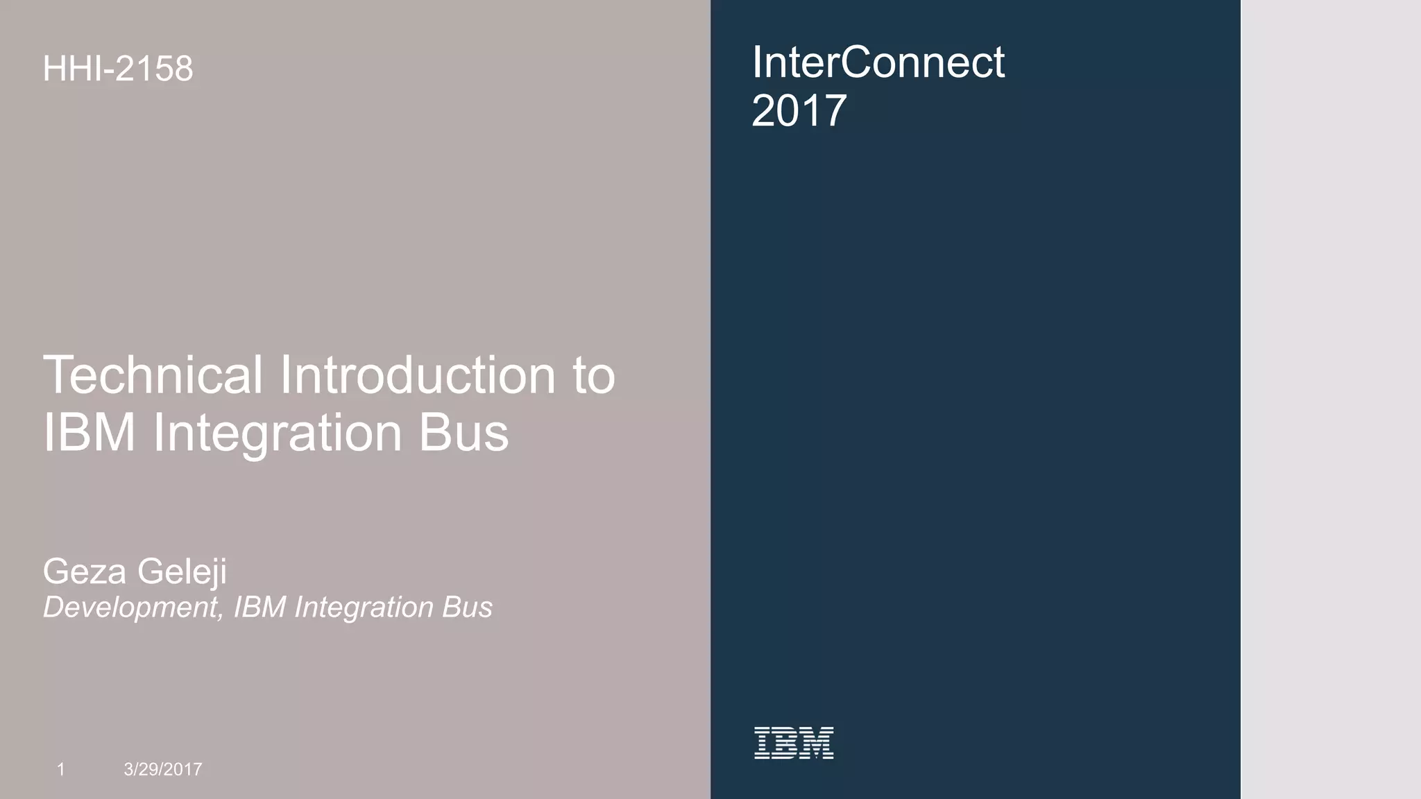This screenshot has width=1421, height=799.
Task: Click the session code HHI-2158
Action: coord(118,69)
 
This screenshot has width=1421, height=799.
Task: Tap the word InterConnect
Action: coord(878,62)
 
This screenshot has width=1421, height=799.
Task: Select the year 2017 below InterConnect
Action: coord(799,111)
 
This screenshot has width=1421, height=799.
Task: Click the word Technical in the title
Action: coord(153,375)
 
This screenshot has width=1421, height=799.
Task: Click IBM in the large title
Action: coord(89,433)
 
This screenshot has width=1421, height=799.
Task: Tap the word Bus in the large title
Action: coord(463,433)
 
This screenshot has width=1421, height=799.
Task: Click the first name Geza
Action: coord(84,572)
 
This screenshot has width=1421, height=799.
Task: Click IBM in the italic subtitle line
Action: coord(259,608)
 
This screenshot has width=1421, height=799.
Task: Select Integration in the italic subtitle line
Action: coord(364,608)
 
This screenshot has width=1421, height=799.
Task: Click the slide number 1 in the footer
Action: coord(61,768)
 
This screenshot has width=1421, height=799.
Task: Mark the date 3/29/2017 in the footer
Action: coord(163,768)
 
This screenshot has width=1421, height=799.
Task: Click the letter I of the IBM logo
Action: coord(762,743)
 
